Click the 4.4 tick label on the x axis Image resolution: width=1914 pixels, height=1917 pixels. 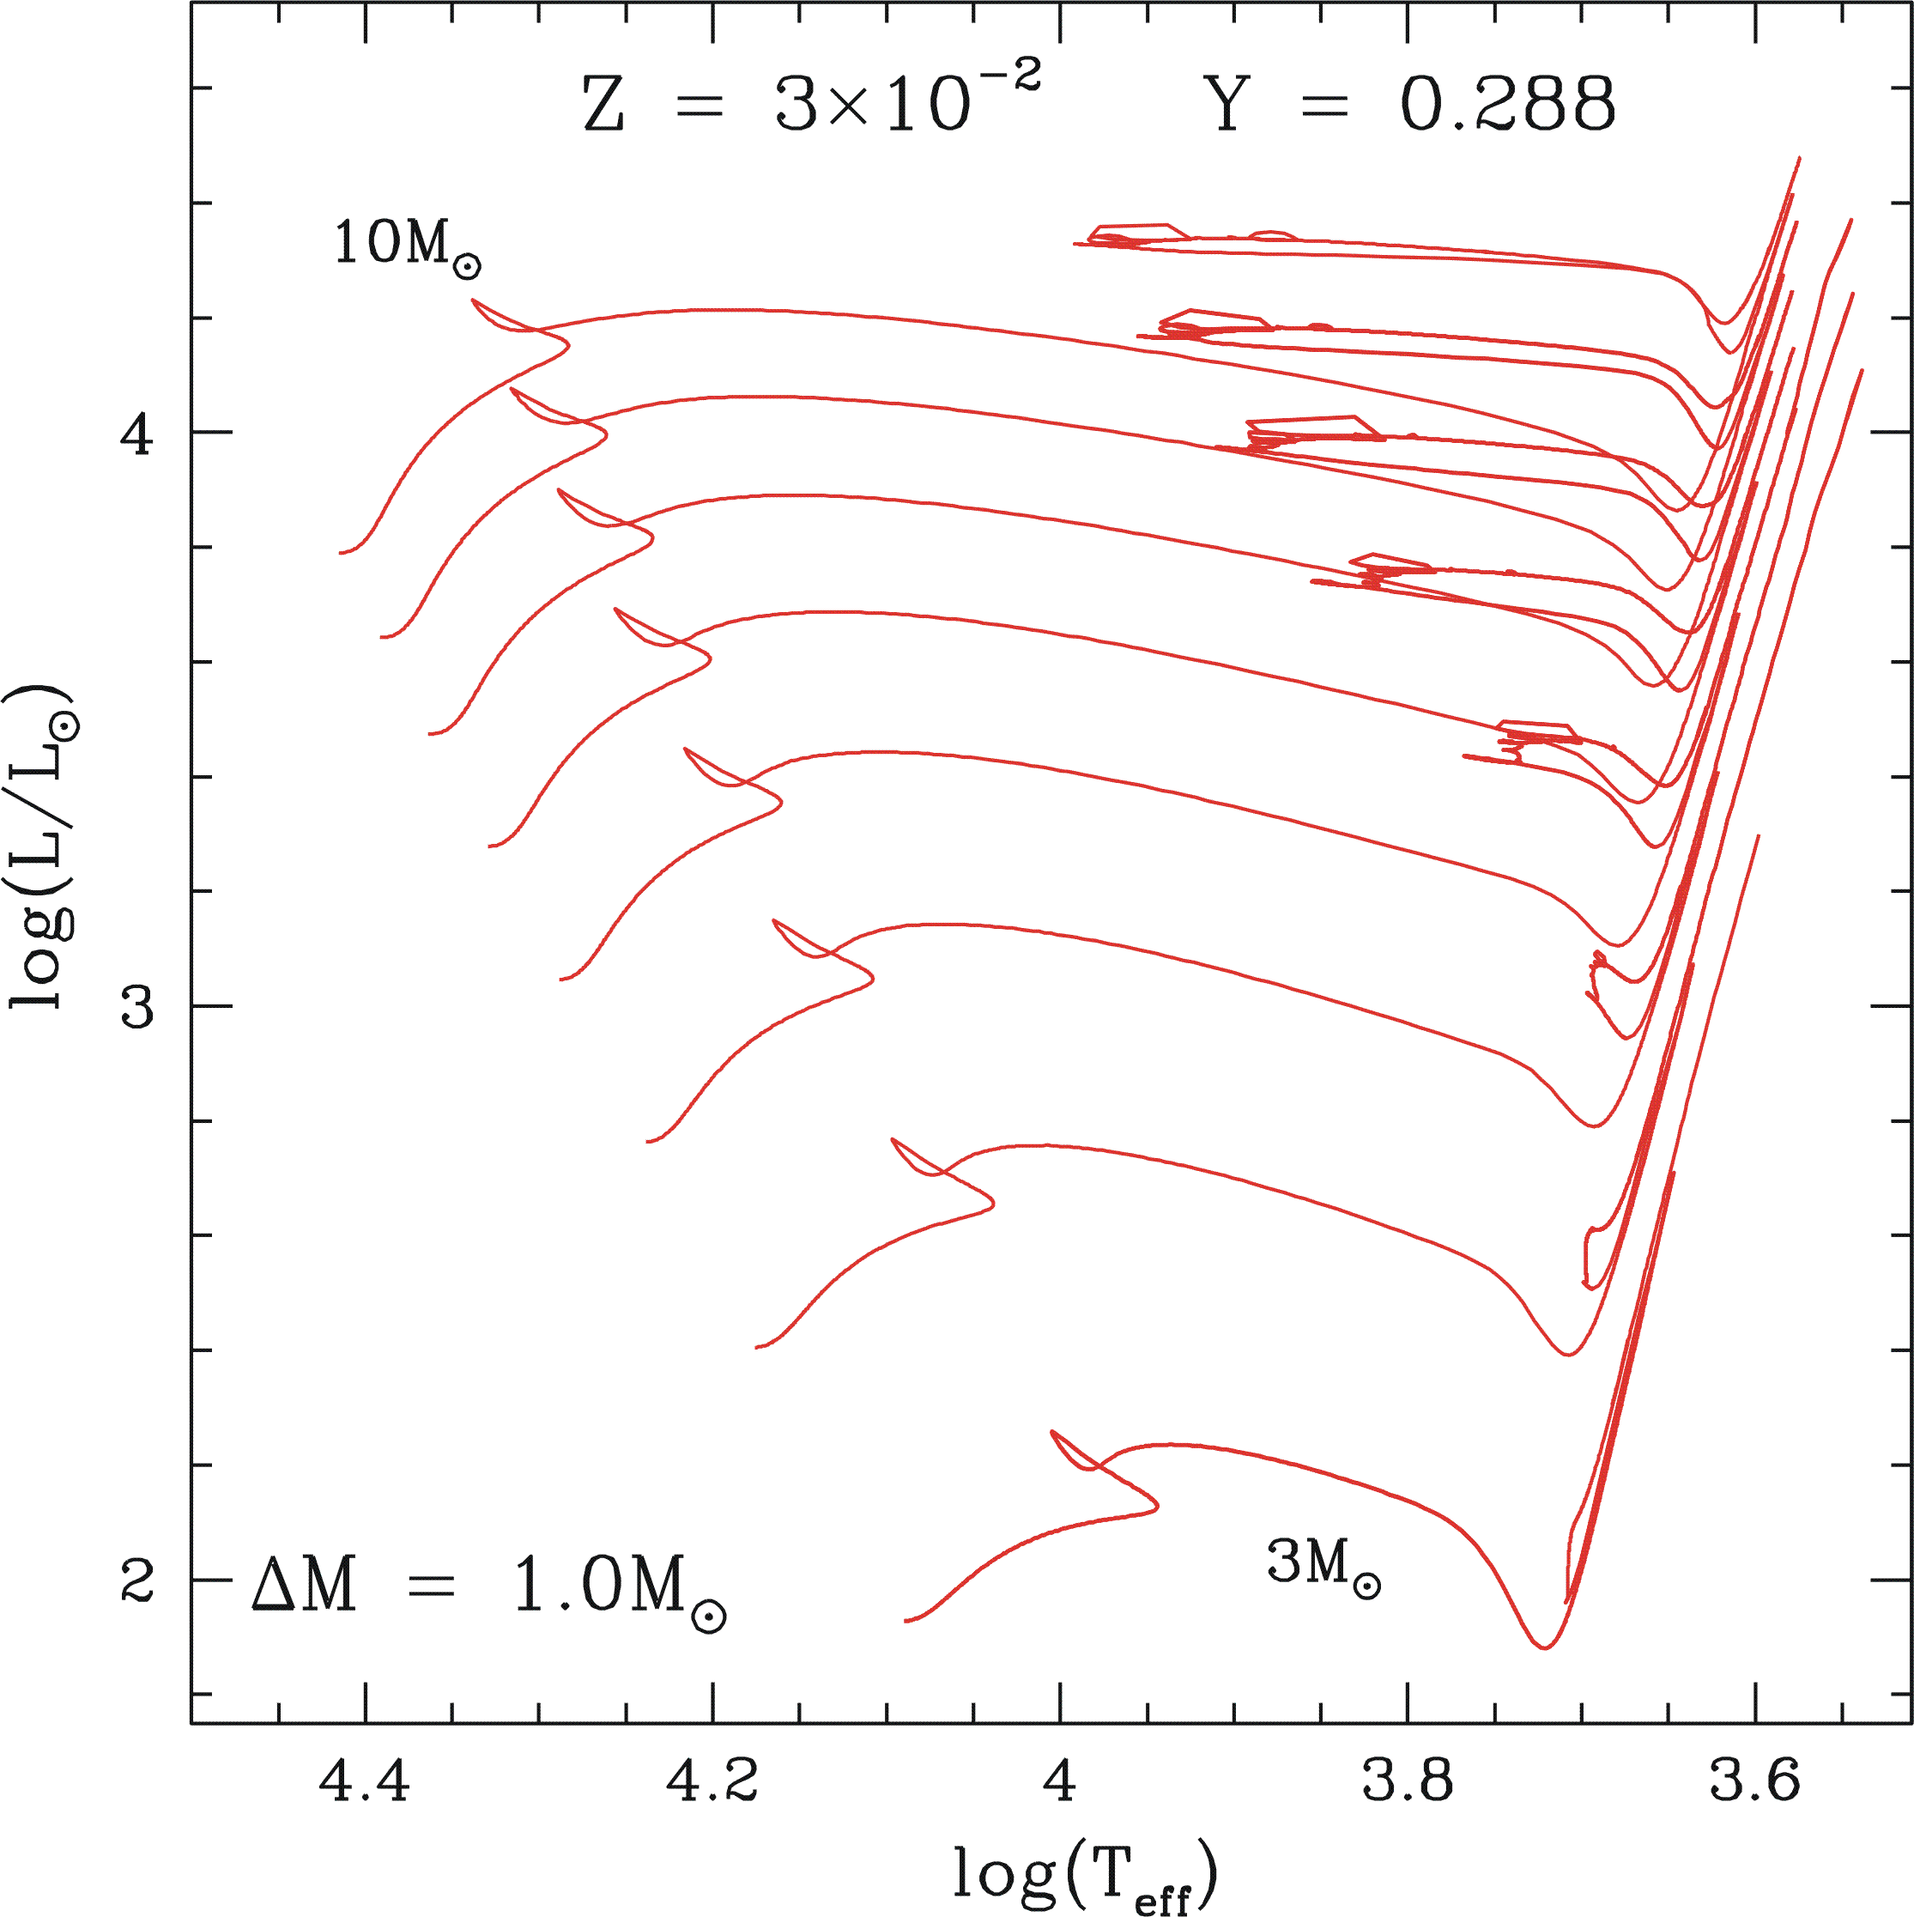[365, 1782]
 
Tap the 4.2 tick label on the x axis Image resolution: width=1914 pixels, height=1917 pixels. [712, 1782]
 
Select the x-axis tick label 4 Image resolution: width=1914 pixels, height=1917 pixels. [1060, 1782]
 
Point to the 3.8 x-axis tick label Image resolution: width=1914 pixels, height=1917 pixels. [1407, 1782]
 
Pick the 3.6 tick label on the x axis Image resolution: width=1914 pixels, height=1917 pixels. [1754, 1782]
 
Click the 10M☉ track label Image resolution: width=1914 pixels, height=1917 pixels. [407, 246]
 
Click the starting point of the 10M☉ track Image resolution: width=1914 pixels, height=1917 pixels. [341, 553]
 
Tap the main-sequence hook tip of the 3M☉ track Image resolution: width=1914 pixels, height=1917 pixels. [1157, 1506]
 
